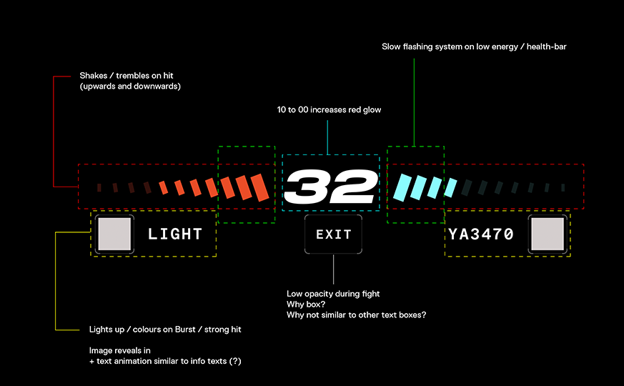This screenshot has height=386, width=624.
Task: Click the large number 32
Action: point(330,187)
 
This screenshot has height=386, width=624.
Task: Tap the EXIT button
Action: point(334,234)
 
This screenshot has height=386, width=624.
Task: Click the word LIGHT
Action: point(175,234)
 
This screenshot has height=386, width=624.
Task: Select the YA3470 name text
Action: point(481,234)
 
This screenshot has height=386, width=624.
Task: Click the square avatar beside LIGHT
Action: point(114,234)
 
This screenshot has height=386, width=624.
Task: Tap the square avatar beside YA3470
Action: point(548,234)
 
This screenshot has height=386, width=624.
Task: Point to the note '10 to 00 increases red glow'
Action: point(329,110)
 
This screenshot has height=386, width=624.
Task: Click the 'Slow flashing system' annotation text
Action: point(474,46)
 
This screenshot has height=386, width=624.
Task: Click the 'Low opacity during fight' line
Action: point(333,294)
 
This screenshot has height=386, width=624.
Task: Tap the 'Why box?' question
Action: point(306,305)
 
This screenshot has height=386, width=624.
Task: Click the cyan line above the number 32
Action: point(327,137)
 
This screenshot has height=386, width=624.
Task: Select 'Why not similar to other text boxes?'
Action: point(357,315)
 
